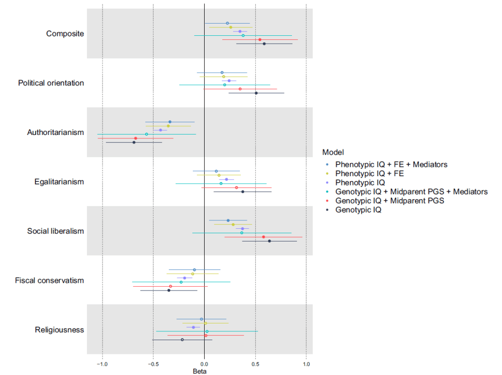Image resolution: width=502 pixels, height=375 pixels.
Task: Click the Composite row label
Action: tap(65, 34)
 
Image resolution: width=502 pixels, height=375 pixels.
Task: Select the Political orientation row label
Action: tap(51, 83)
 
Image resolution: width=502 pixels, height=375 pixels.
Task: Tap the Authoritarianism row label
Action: tap(55, 133)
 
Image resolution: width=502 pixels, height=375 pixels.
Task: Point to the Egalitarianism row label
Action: tap(59, 182)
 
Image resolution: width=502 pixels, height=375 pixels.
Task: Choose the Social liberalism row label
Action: tap(55, 231)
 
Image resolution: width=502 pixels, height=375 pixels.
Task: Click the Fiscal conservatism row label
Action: tap(50, 281)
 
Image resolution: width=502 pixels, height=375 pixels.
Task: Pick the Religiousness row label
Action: tap(59, 330)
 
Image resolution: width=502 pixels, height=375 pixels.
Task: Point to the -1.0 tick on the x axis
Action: tap(102, 364)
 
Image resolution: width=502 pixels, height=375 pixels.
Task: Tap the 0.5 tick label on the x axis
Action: tap(255, 364)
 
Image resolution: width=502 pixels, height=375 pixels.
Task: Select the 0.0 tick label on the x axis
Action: tap(204, 364)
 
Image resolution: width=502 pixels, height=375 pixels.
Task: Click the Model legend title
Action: tap(333, 152)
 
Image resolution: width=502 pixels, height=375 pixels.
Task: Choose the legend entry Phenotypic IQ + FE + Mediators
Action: tap(391, 164)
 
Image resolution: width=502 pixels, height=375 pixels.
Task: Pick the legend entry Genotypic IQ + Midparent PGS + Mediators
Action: tap(411, 191)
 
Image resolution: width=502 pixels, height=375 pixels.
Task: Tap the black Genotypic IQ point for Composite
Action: tap(264, 44)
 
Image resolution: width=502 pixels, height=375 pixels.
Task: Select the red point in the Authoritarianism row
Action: tap(135, 138)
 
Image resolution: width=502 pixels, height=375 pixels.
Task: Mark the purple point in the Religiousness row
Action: tap(193, 327)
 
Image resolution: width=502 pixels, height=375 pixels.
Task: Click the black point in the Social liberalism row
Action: tap(269, 241)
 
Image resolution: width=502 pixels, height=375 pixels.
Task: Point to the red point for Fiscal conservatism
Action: tap(170, 286)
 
